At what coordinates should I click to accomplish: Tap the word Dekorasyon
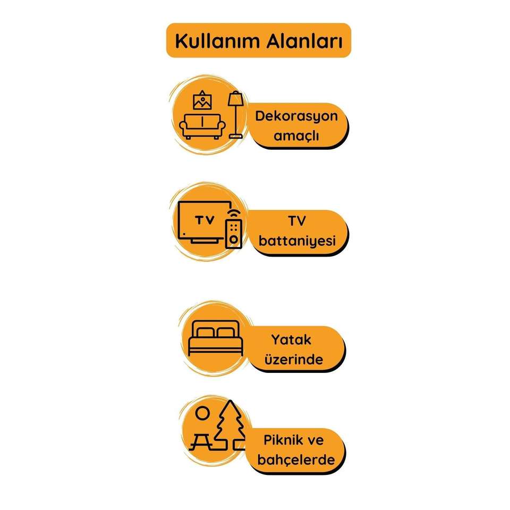296,116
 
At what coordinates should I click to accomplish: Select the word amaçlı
296,136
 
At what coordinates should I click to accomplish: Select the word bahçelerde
296,460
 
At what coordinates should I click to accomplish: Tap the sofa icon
201,126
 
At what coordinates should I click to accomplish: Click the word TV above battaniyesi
296,222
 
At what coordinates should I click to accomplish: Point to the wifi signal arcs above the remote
233,212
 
